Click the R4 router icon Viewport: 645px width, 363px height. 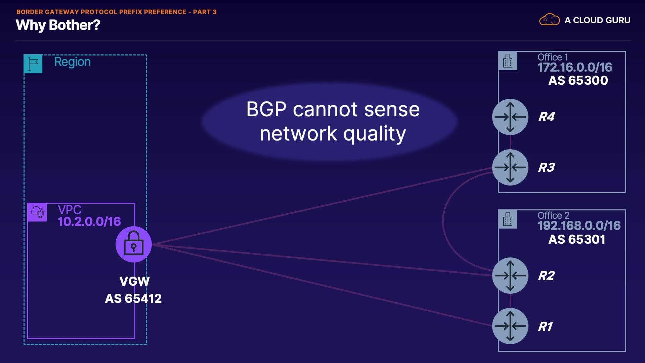click(x=510, y=117)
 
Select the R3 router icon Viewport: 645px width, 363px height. click(x=510, y=167)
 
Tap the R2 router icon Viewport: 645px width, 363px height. click(x=510, y=276)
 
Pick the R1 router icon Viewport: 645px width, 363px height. click(x=510, y=326)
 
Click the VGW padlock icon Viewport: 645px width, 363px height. click(x=134, y=244)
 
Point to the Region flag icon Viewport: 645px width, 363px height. click(x=33, y=64)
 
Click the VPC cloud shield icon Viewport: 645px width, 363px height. click(x=37, y=212)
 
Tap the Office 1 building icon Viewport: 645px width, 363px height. click(x=508, y=61)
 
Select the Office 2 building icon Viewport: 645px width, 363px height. click(x=508, y=219)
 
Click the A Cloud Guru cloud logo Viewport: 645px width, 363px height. click(x=549, y=20)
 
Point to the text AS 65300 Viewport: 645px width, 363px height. click(x=578, y=81)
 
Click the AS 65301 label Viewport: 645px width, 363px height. click(x=576, y=239)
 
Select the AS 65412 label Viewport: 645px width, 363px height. click(x=133, y=298)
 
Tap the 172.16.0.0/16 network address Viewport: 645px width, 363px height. click(x=575, y=68)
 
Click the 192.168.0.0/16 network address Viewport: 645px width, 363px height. click(x=579, y=226)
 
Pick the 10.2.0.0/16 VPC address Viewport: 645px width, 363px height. click(x=89, y=221)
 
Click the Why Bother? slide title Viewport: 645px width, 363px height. click(x=58, y=25)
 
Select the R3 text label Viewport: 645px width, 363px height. click(x=546, y=167)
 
